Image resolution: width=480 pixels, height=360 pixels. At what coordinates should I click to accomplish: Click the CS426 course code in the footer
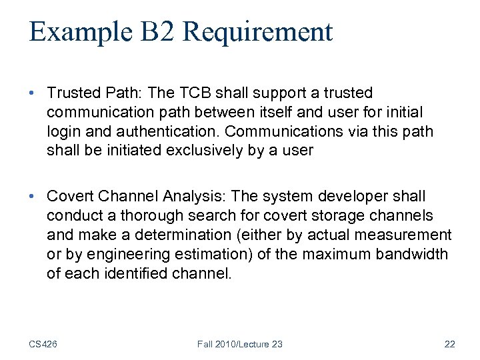(43, 344)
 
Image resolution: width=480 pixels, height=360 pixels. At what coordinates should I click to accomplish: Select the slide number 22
(449, 344)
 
